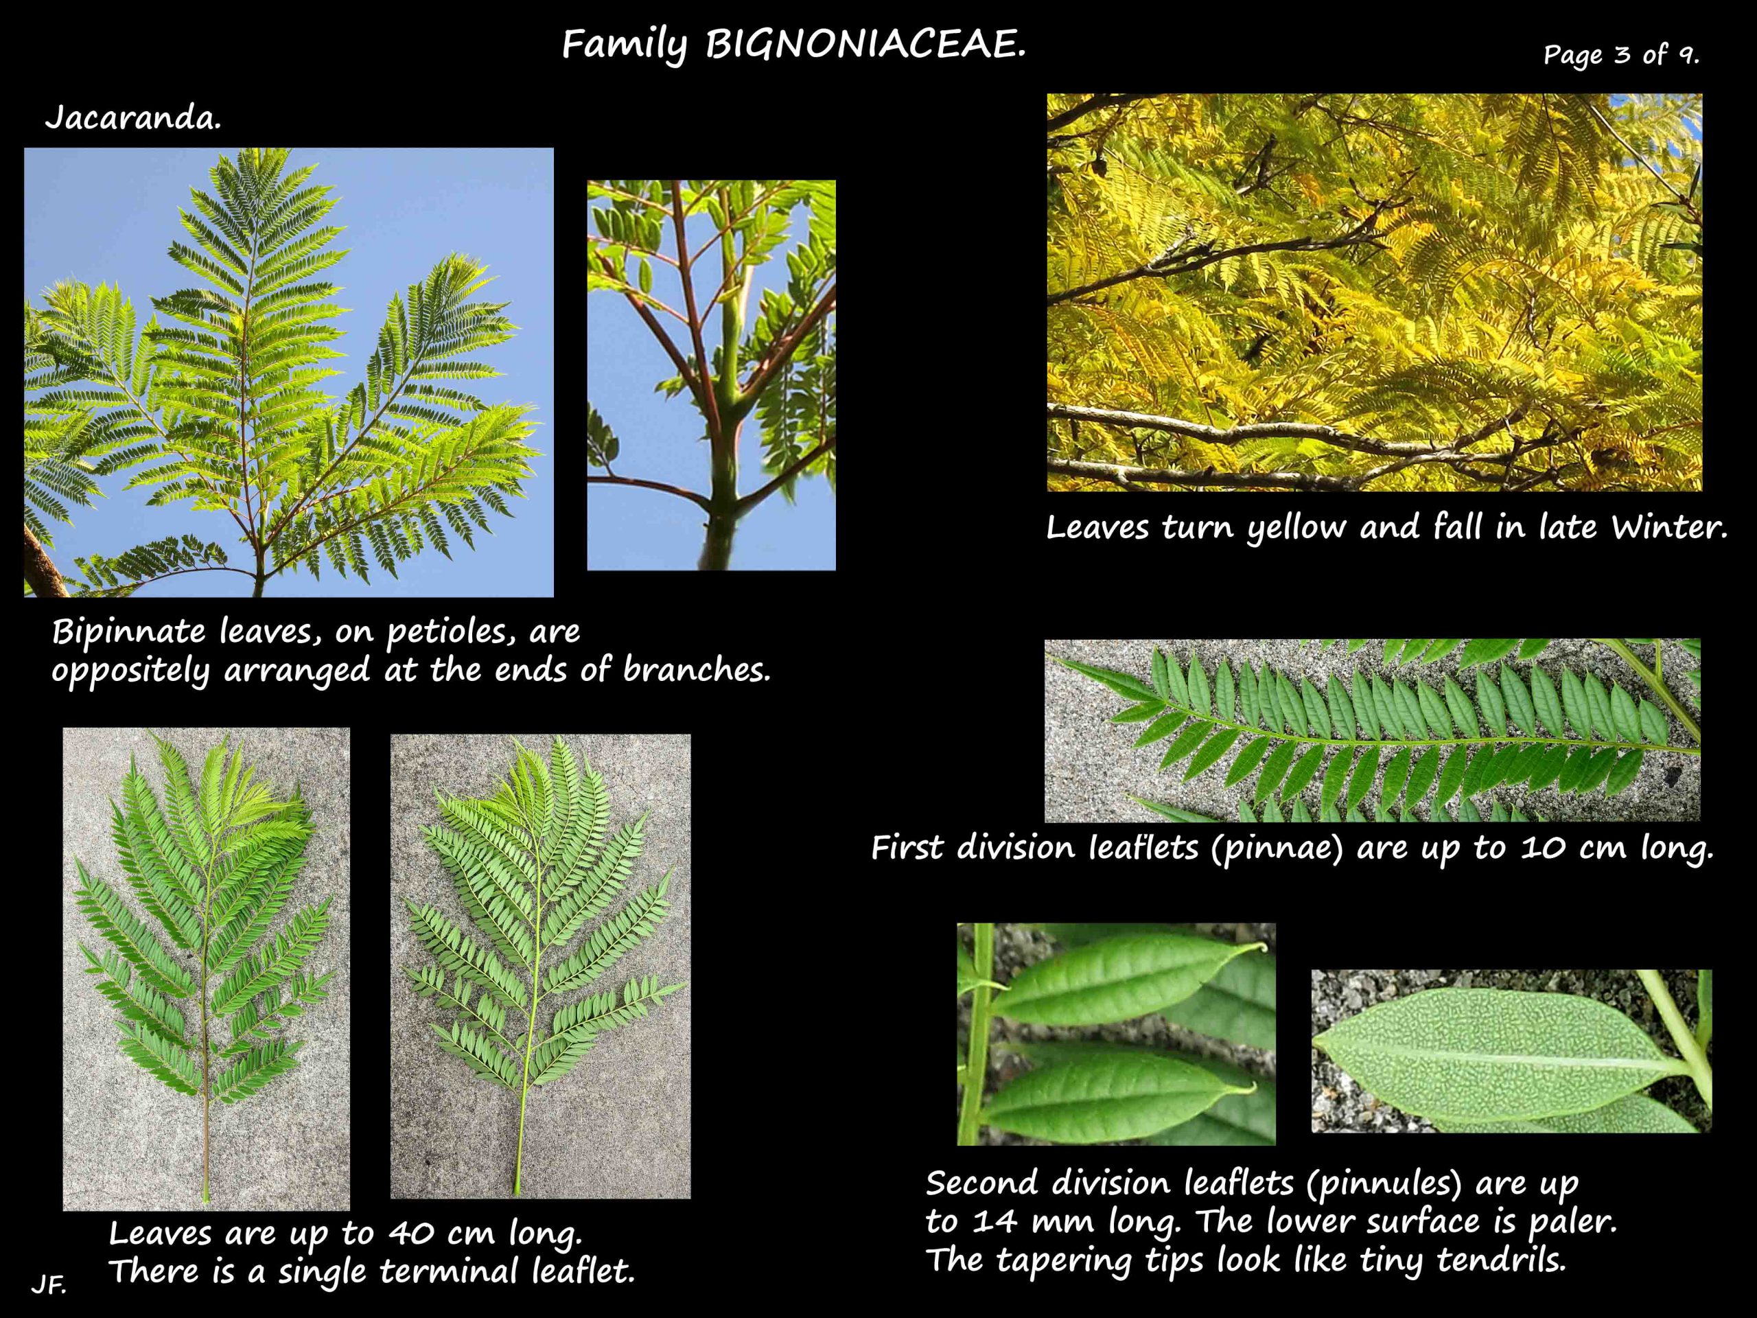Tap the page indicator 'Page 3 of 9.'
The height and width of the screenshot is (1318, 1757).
[1621, 55]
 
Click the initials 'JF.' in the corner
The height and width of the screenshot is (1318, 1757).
[49, 1284]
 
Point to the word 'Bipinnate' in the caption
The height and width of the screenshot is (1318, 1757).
[128, 632]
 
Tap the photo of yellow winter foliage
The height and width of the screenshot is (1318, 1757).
[1374, 292]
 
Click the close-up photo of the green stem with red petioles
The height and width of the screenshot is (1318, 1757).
[711, 375]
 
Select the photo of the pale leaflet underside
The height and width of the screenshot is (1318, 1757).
[1511, 1051]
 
